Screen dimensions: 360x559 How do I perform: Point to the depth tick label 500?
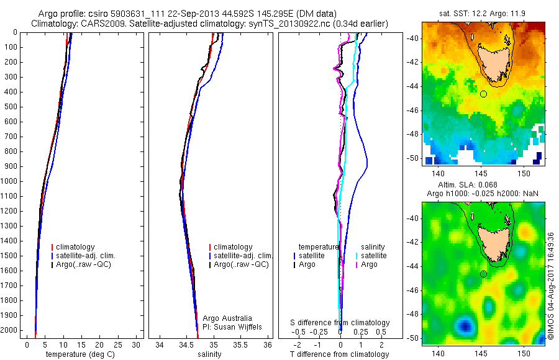coord(11,107)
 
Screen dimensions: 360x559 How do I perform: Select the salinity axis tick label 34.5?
coord(186,344)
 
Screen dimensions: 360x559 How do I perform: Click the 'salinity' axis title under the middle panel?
coord(210,354)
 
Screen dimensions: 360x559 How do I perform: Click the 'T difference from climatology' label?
coord(339,354)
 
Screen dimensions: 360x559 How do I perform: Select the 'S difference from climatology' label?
coord(340,323)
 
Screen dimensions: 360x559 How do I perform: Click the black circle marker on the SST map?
coord(483,94)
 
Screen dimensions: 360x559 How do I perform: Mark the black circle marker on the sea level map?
coord(483,274)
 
